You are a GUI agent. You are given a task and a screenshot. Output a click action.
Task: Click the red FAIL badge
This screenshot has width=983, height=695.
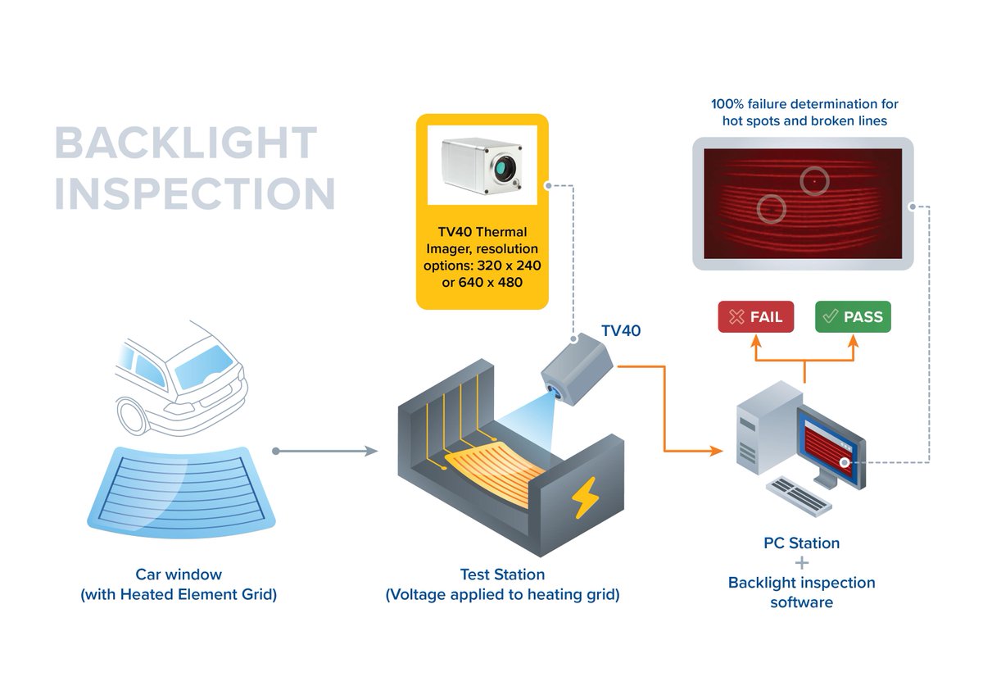tap(755, 317)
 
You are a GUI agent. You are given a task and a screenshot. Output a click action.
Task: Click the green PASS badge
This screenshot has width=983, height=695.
tap(853, 317)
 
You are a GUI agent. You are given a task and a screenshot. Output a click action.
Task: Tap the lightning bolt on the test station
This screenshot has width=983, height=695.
tap(585, 497)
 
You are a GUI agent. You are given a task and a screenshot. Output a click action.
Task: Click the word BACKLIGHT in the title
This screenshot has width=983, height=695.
tap(185, 144)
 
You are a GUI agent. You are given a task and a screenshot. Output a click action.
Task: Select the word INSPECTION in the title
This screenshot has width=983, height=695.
tap(195, 193)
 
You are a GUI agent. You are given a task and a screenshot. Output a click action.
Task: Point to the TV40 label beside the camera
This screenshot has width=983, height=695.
tap(621, 331)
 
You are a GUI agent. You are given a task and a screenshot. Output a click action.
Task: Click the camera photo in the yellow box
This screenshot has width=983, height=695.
tap(482, 164)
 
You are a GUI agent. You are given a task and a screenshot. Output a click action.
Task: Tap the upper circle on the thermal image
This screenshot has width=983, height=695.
tap(814, 180)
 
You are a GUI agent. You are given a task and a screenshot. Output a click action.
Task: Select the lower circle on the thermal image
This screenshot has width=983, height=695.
tap(772, 209)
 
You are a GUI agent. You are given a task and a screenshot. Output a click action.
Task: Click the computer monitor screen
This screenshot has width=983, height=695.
tap(832, 448)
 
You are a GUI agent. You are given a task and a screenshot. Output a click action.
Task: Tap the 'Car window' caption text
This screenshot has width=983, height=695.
tap(179, 575)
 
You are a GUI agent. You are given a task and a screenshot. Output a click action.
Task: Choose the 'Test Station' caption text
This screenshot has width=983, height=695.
tap(502, 575)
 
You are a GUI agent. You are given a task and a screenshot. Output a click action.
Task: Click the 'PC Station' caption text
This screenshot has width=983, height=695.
tap(801, 543)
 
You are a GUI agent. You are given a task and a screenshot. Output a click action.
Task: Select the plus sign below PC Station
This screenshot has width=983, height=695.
tap(801, 563)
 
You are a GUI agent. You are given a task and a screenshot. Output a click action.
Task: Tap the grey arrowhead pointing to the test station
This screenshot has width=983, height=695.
tap(370, 451)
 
